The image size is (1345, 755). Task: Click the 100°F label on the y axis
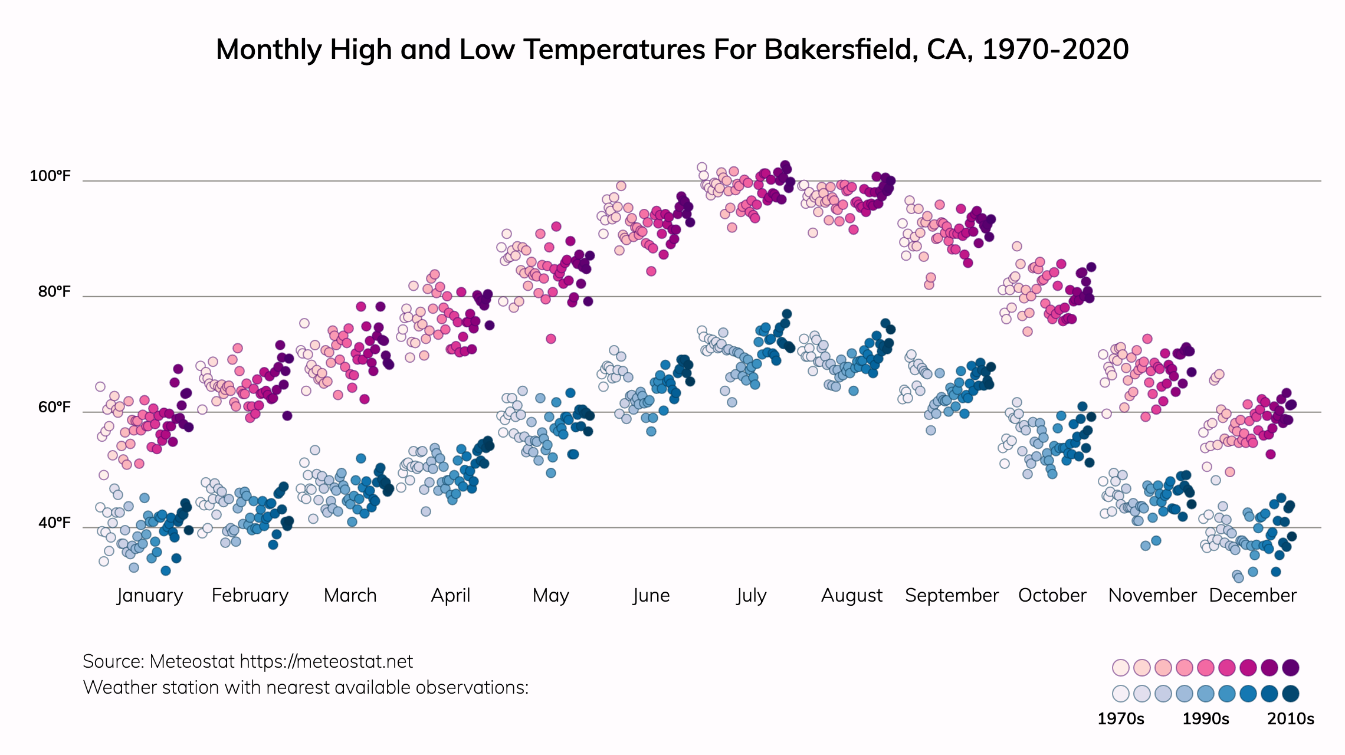(x=50, y=176)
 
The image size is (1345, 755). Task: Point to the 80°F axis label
(x=54, y=292)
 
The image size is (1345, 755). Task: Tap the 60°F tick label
(x=54, y=408)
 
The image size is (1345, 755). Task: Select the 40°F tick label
(x=54, y=523)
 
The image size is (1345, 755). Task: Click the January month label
(x=150, y=596)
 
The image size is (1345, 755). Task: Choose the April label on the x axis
(x=451, y=596)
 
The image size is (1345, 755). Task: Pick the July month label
(x=751, y=596)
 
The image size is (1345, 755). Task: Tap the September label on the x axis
(x=952, y=596)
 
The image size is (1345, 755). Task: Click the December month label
(x=1252, y=596)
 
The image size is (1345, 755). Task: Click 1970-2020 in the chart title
(x=1055, y=50)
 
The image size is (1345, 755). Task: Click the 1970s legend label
(x=1120, y=719)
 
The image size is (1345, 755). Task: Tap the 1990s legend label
(x=1205, y=719)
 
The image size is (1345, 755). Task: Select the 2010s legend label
(x=1291, y=719)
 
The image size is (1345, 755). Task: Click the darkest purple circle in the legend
(x=1291, y=668)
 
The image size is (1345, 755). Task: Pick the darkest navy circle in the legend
(x=1291, y=694)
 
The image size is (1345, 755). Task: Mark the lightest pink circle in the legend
(x=1120, y=668)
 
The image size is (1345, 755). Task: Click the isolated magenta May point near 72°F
(x=550, y=339)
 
